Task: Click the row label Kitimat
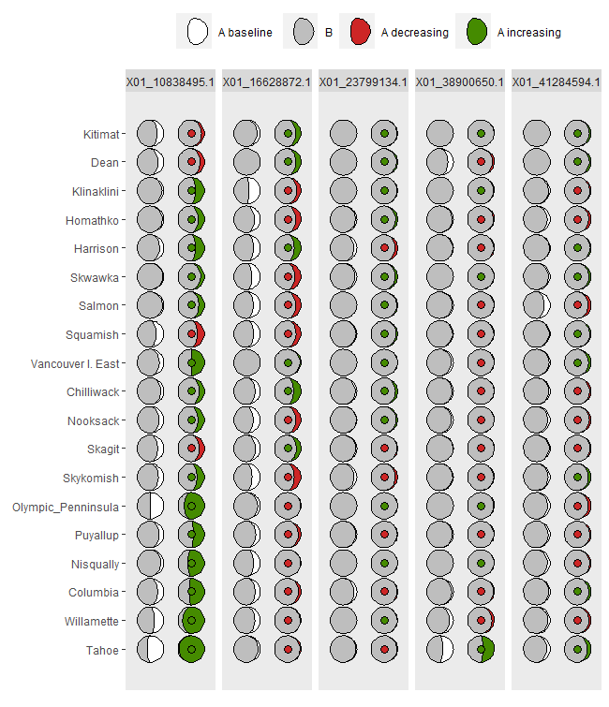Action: [x=101, y=135]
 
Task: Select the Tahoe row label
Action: [x=102, y=650]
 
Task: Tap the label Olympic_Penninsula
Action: [x=66, y=507]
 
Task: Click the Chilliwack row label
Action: [x=93, y=392]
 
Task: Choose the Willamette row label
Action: [x=92, y=621]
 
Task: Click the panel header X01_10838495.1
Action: [x=171, y=82]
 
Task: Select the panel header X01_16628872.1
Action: [x=267, y=82]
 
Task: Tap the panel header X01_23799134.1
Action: [x=364, y=82]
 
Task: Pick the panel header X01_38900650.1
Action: [x=460, y=82]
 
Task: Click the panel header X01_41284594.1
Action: [x=557, y=82]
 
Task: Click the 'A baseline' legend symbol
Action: [x=197, y=32]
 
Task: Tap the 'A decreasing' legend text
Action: [x=414, y=33]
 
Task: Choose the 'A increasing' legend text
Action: [x=529, y=33]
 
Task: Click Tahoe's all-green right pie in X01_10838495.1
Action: [x=191, y=649]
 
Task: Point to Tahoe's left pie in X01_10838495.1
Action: [x=150, y=649]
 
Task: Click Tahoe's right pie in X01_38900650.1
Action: [x=482, y=649]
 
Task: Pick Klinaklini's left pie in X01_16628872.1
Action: [x=246, y=192]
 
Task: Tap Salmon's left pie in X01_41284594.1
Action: [x=536, y=306]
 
